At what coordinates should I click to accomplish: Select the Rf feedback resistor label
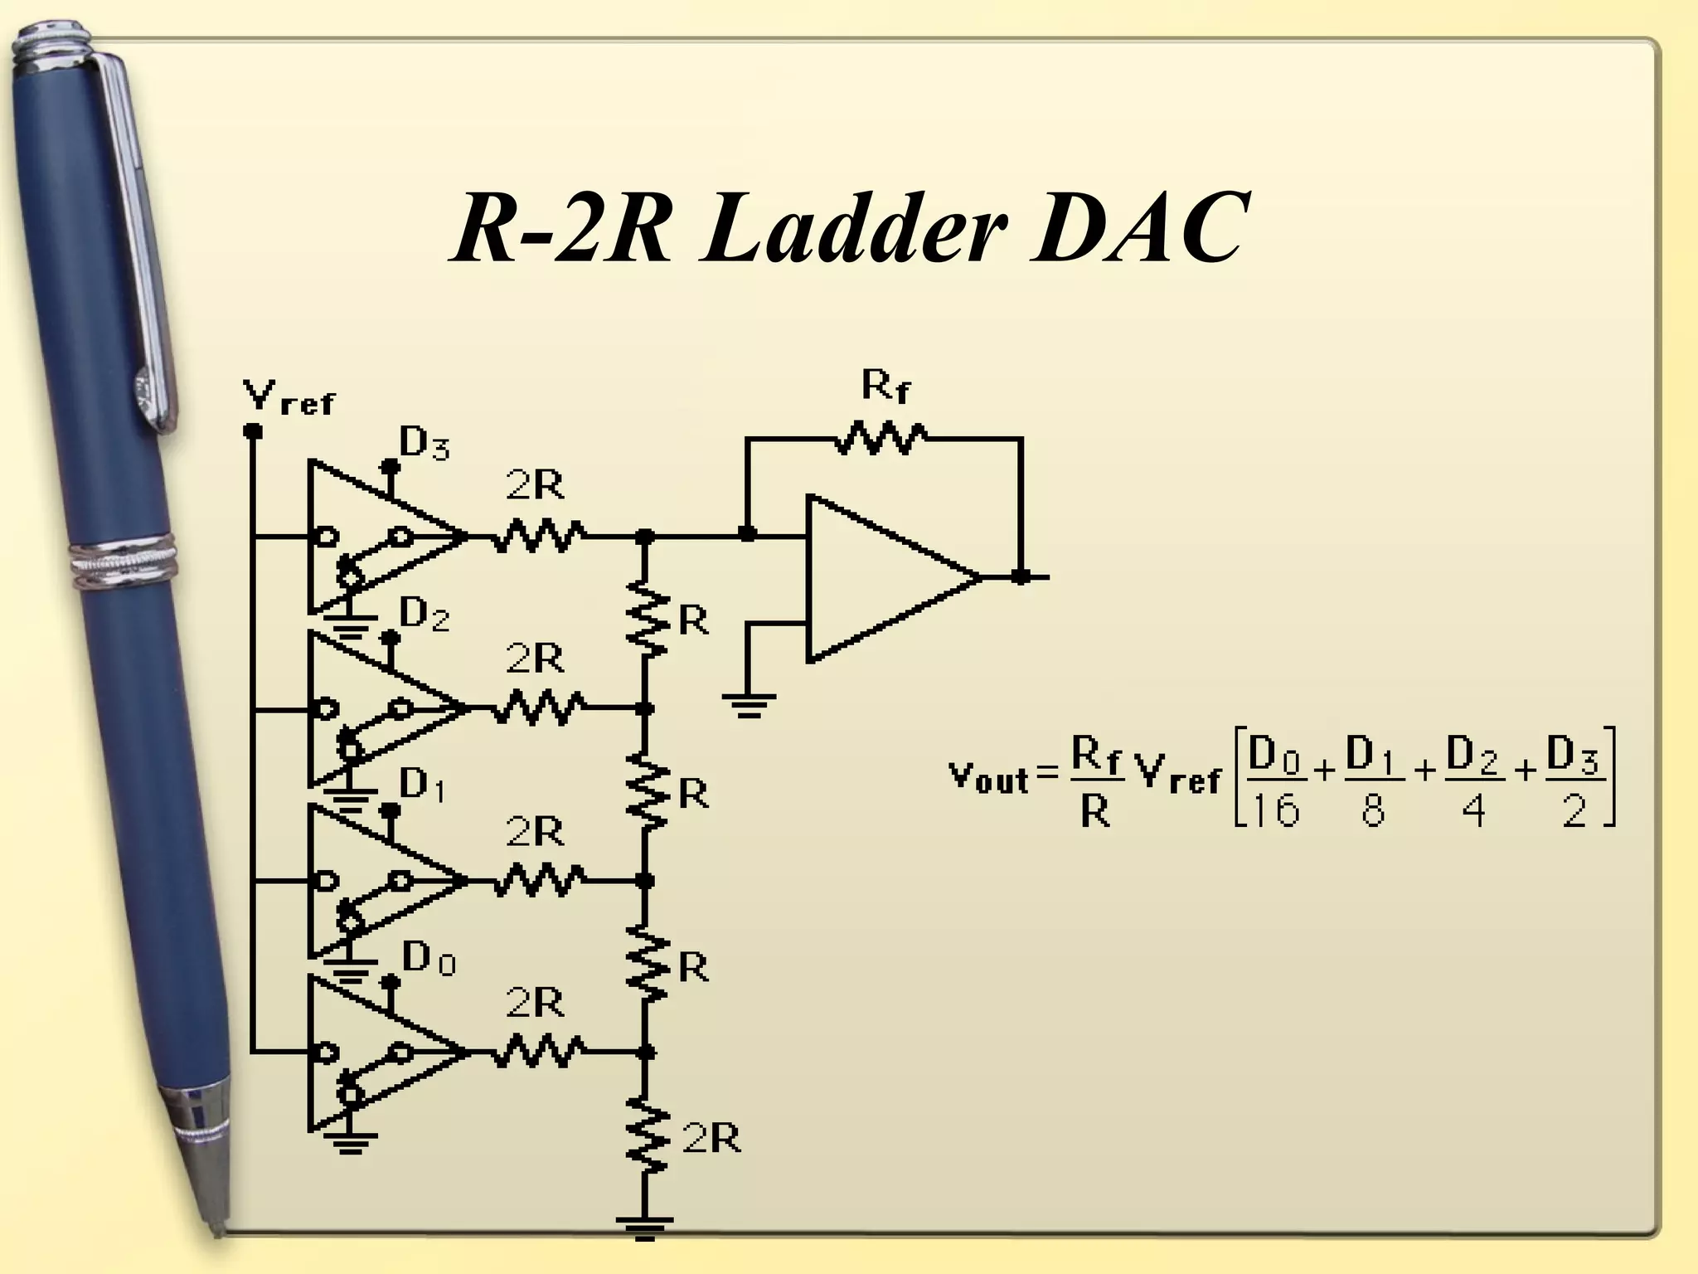(x=885, y=386)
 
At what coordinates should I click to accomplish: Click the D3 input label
(x=424, y=444)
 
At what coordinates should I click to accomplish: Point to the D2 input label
(x=424, y=615)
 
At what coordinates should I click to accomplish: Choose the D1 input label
(x=422, y=785)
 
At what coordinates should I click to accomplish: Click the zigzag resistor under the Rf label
(x=881, y=438)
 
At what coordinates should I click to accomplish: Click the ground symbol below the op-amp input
(x=748, y=705)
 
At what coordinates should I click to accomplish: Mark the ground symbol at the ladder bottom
(x=644, y=1228)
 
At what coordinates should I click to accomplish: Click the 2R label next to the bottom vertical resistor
(x=711, y=1140)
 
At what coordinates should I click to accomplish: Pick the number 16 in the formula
(x=1276, y=808)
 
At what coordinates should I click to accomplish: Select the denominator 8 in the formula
(x=1372, y=810)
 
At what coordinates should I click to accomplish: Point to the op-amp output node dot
(x=1021, y=576)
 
